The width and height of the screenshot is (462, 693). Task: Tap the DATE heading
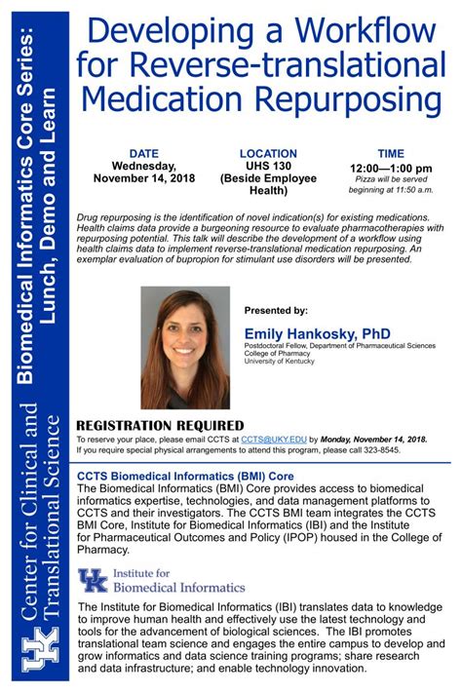[x=144, y=153]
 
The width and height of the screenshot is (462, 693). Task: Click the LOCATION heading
[x=267, y=153]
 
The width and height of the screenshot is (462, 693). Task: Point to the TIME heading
[x=391, y=153]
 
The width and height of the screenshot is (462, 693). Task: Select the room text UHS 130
[x=267, y=167]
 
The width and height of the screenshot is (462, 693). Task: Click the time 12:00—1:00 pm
[x=391, y=168]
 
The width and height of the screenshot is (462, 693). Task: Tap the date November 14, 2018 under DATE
[x=144, y=179]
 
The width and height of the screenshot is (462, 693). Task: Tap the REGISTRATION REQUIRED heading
[x=160, y=425]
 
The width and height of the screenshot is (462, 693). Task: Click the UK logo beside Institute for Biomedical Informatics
[x=94, y=581]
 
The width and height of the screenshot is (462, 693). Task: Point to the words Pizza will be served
[x=390, y=179]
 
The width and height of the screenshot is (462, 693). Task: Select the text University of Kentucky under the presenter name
[x=279, y=361]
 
